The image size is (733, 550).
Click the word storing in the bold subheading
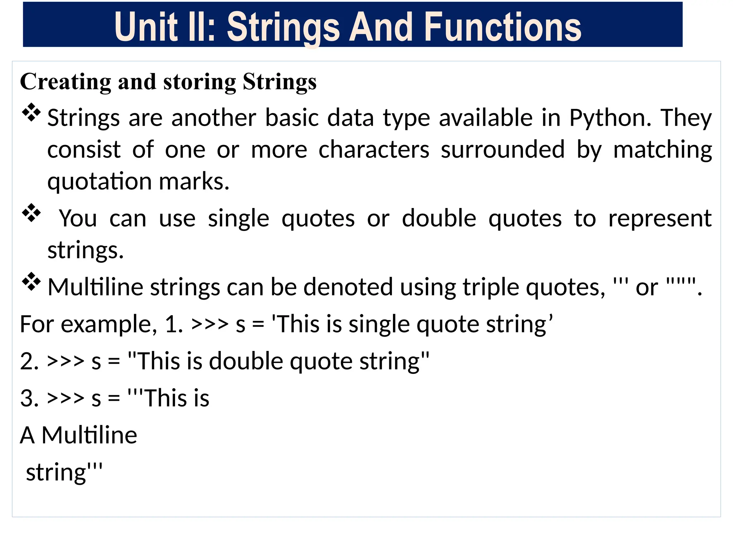click(x=200, y=82)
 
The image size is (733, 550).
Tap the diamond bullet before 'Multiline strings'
click(x=31, y=282)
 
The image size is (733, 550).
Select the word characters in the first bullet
click(x=374, y=150)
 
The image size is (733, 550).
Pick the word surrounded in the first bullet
click(x=503, y=150)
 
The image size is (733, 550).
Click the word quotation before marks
click(x=99, y=182)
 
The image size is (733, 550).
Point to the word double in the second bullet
click(x=439, y=218)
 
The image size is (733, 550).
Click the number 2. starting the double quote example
click(x=29, y=361)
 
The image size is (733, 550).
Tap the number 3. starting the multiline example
click(x=29, y=398)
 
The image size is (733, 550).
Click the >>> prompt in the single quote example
click(x=210, y=324)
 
